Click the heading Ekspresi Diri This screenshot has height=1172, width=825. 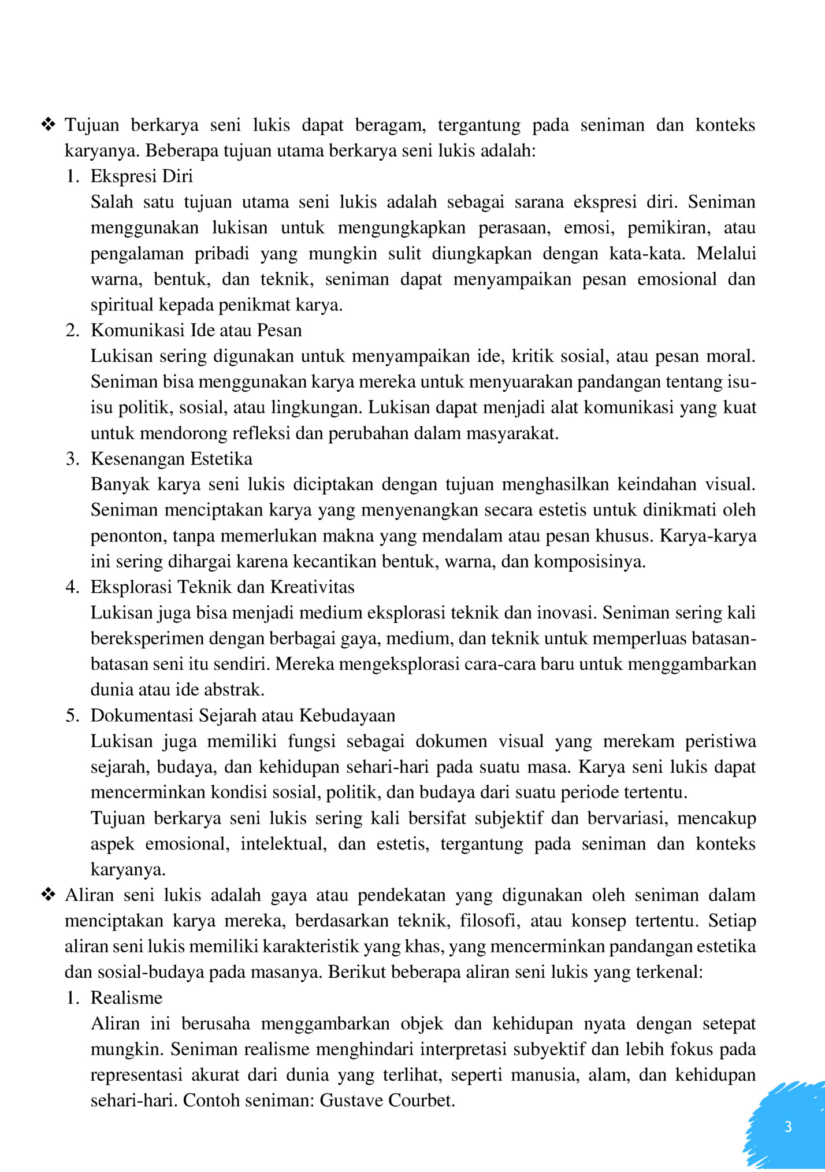pos(142,176)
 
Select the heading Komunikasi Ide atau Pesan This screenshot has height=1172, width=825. pos(196,330)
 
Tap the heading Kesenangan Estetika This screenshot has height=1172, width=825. pos(172,458)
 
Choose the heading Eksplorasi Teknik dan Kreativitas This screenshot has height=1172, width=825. pos(222,587)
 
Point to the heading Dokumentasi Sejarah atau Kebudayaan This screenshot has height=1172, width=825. pos(243,715)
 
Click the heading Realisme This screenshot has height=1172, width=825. pos(127,997)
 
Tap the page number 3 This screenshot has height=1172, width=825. pos(788,1126)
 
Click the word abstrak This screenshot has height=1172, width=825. pos(238,689)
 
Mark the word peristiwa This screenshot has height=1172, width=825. pos(720,741)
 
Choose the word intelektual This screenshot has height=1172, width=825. pos(283,844)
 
